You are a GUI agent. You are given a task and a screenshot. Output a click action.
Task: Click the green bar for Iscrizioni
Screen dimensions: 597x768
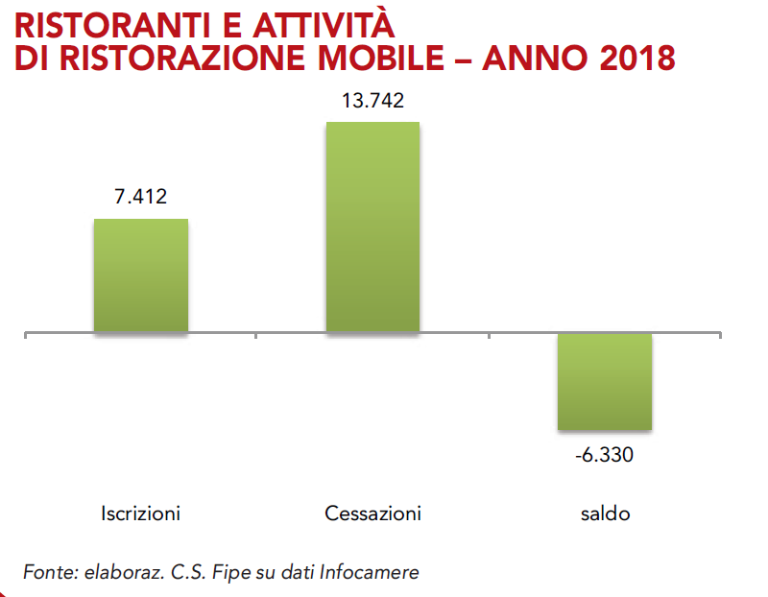[x=140, y=275]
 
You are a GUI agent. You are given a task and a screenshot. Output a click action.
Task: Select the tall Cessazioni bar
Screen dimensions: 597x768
[x=372, y=227]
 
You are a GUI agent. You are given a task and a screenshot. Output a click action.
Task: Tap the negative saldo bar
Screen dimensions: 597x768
[x=605, y=381]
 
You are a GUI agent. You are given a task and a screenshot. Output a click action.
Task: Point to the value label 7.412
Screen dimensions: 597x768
[x=140, y=198]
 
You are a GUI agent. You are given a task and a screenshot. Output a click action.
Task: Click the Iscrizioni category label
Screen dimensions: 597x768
[x=140, y=513]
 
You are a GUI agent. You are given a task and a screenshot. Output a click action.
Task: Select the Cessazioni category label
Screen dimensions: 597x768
[x=372, y=513]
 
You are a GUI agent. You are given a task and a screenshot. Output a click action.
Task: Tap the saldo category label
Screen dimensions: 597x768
[x=605, y=513]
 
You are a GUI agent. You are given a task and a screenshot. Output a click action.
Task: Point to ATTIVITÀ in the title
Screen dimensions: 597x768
[x=325, y=21]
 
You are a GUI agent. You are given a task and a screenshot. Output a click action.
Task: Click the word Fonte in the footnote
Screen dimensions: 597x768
[x=46, y=572]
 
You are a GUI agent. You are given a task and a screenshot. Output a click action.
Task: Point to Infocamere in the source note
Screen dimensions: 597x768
[x=371, y=572]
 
